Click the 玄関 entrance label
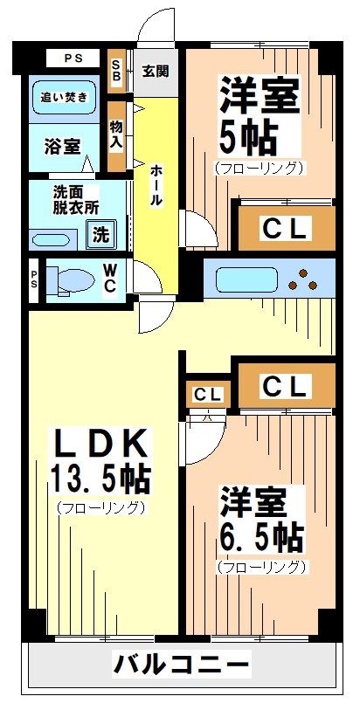pos(156,70)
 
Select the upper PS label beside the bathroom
pos(74,59)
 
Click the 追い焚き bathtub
pos(65,99)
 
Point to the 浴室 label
pos(61,146)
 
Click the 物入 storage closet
pos(116,136)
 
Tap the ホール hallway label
pos(156,185)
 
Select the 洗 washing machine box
pos(101,233)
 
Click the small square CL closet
pos(208,394)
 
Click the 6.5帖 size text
pos(260,534)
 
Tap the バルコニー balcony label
pos(181,665)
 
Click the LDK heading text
pos(98,443)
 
